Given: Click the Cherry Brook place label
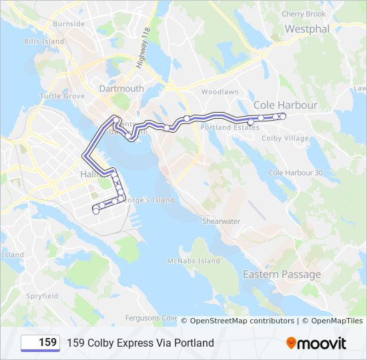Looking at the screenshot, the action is (x=304, y=14).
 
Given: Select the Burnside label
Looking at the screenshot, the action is (x=69, y=23).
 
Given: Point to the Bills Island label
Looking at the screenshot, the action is (x=44, y=41).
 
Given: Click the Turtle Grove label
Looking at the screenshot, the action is (x=62, y=96).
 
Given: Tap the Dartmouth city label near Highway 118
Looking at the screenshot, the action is (x=121, y=88).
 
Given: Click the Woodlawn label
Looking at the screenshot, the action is (x=220, y=91).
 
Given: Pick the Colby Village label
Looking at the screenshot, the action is (x=285, y=139).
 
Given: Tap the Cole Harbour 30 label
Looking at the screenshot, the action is (x=295, y=173).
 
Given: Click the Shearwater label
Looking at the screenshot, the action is (x=221, y=221).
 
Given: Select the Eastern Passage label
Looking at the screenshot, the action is (x=282, y=275).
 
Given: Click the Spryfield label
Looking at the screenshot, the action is (x=42, y=295).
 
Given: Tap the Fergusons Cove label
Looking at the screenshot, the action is (x=151, y=318).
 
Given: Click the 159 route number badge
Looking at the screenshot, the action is (x=41, y=343).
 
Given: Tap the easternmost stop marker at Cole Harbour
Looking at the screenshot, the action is (x=283, y=116).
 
